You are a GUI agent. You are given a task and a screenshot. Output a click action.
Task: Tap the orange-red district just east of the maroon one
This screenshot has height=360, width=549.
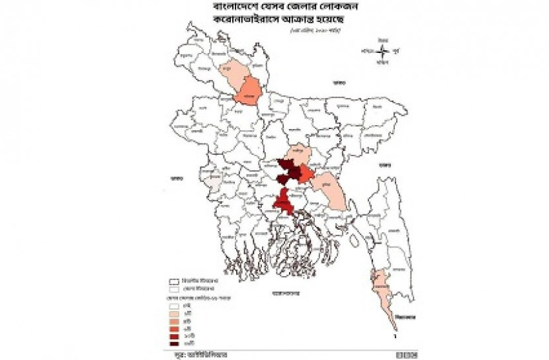pyautogui.click(x=305, y=174)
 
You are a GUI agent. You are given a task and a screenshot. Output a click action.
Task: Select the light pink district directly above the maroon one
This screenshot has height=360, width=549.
pyautogui.click(x=299, y=152)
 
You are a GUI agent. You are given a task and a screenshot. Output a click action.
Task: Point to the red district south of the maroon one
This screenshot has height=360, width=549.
pyautogui.click(x=283, y=201)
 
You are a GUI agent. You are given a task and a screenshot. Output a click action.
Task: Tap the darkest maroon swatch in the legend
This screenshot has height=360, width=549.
pyautogui.click(x=175, y=343)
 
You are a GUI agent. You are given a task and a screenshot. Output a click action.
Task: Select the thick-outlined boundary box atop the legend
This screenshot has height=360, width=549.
pyautogui.click(x=175, y=281)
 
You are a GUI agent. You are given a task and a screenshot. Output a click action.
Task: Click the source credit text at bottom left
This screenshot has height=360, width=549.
pyautogui.click(x=190, y=355)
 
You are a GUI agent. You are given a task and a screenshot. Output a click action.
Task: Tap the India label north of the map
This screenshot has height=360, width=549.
pyautogui.click(x=339, y=83)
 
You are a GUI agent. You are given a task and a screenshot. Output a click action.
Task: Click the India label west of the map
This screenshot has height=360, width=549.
pyautogui.click(x=176, y=177)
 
